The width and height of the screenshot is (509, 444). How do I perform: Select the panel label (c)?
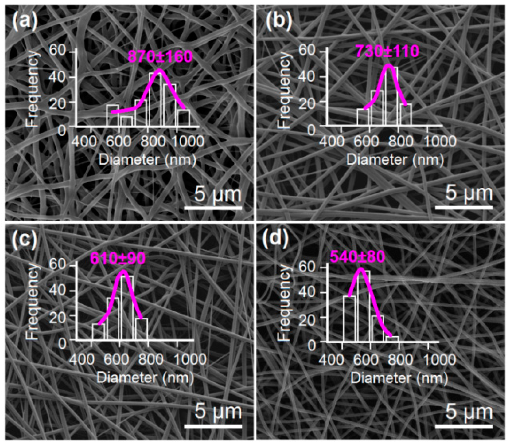(25, 240)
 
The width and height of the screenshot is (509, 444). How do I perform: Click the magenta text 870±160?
(160, 56)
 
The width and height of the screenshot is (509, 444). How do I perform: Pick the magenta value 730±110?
(387, 51)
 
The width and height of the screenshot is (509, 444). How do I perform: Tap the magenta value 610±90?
(118, 258)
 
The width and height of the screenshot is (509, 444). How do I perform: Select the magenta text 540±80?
(358, 257)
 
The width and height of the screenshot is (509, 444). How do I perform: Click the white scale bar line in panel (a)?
(213, 208)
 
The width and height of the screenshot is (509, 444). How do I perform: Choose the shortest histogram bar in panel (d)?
(392, 339)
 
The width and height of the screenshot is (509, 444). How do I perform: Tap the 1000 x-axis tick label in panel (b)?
(440, 141)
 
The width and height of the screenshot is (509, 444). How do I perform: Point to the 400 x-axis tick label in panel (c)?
(82, 359)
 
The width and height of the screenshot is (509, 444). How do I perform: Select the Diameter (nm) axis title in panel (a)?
(147, 160)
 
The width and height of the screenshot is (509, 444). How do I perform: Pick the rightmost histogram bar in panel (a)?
(184, 118)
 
